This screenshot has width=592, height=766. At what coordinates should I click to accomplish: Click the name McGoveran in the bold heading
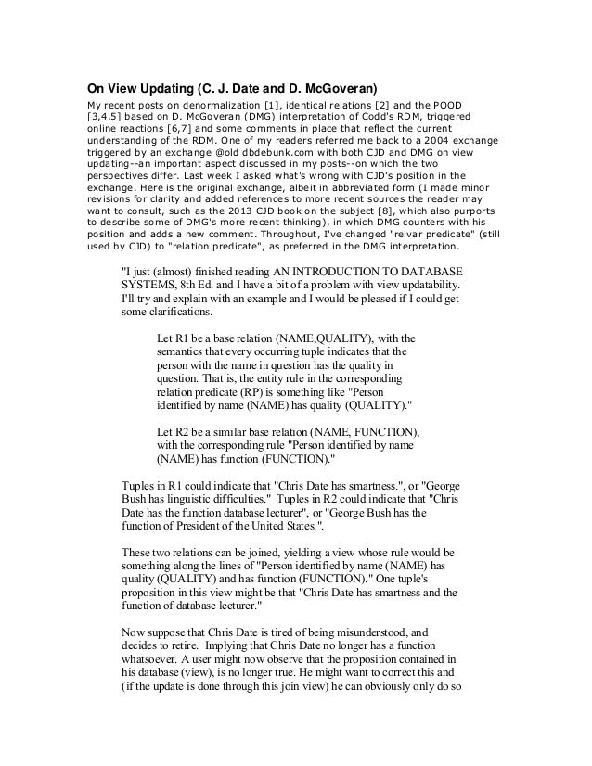(337, 90)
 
